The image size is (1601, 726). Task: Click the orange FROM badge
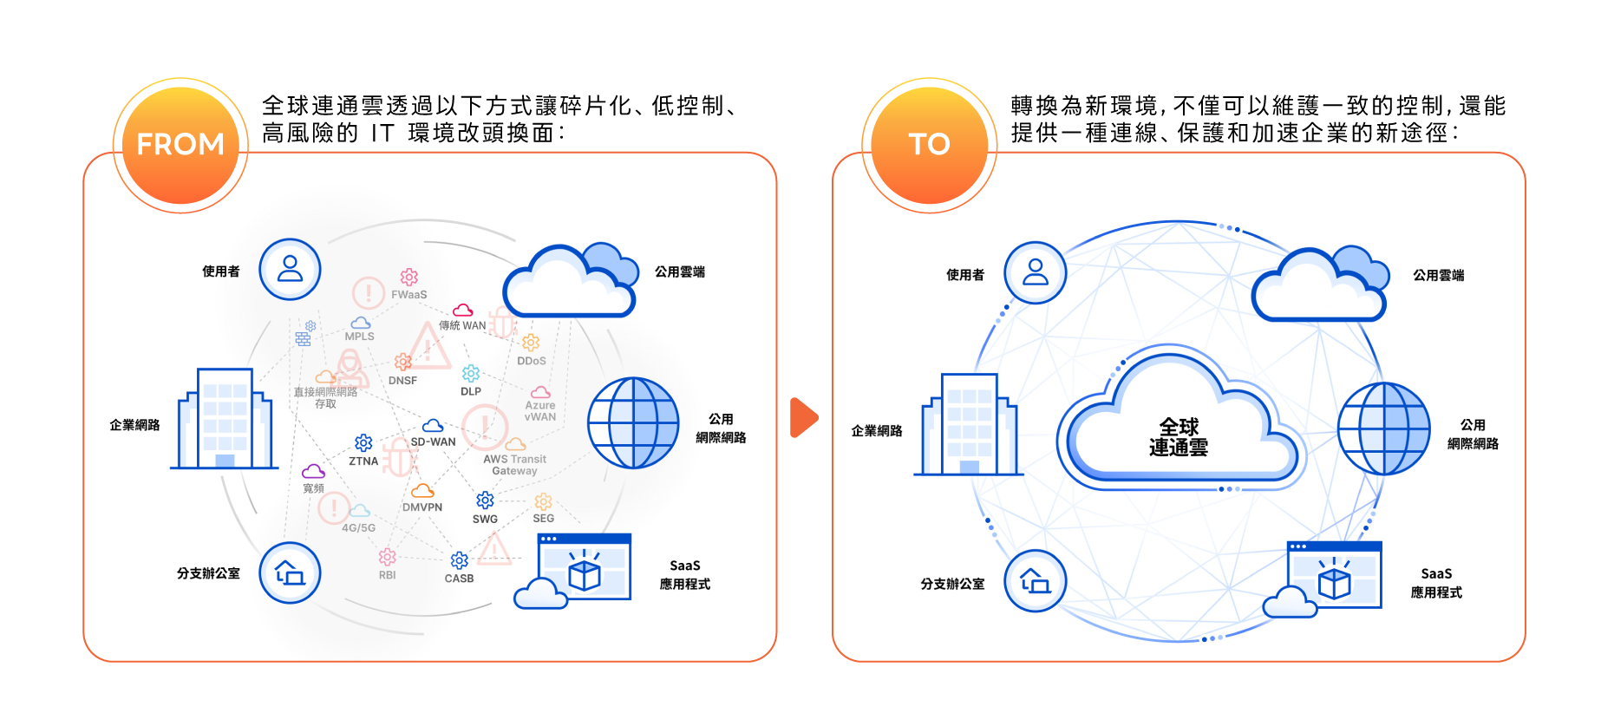[x=180, y=144]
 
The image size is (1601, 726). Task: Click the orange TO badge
[x=929, y=144]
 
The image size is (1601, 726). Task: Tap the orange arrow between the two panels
[x=803, y=417]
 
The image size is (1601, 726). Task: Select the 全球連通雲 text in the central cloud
[x=1178, y=437]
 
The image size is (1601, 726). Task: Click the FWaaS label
[x=408, y=295]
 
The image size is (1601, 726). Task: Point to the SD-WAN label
[x=433, y=441]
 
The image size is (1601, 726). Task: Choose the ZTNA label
[x=363, y=461]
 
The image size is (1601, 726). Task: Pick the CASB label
[x=459, y=579]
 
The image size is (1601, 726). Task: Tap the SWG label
[x=485, y=520]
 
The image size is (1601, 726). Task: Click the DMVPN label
[x=422, y=507]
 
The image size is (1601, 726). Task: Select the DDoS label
[x=532, y=361]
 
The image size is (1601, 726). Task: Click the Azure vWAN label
[x=540, y=411]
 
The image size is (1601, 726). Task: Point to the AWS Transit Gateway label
[x=515, y=465]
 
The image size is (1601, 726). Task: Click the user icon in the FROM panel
[x=290, y=270]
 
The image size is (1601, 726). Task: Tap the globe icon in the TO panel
[x=1383, y=428]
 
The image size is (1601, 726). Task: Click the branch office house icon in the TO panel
[x=1035, y=580]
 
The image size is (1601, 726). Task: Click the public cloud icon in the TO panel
[x=1318, y=285]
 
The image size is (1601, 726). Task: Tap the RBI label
[x=387, y=575]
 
